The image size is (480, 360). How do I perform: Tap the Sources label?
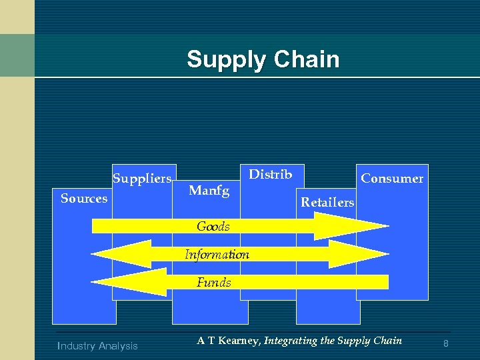84,199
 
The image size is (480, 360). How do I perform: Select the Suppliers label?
142,179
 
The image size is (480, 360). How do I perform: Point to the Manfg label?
209,191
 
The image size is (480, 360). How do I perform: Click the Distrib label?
270,175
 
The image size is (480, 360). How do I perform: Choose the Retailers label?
327,202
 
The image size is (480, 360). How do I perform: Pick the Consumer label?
392,179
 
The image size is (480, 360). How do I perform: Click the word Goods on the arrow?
213,227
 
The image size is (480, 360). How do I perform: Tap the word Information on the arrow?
217,255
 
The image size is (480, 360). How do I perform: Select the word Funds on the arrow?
214,283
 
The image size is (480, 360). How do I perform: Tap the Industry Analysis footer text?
98,345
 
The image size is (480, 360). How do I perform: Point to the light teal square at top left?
17,55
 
